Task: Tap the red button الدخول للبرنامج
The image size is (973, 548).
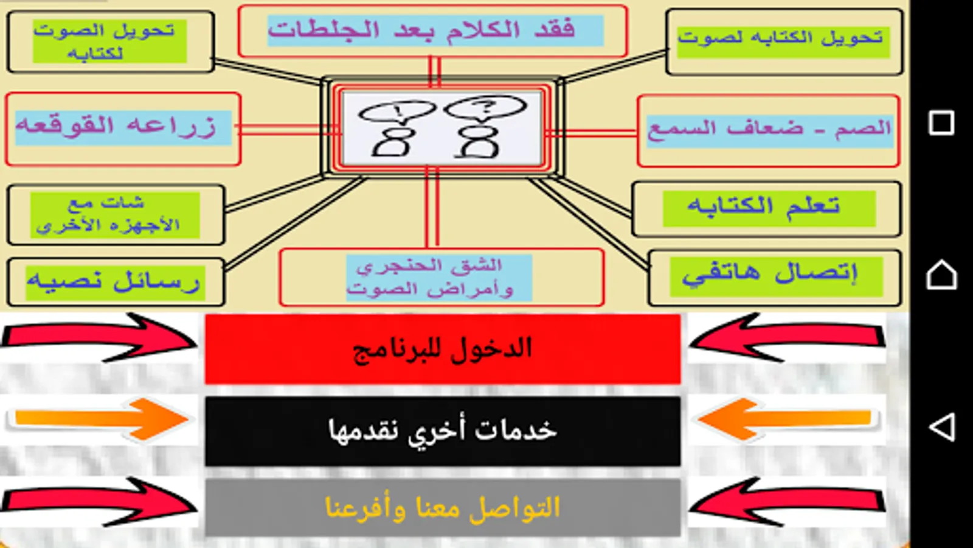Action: tap(442, 349)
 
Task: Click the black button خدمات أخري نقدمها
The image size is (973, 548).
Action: tap(442, 431)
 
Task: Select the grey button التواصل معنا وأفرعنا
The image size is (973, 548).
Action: tap(442, 507)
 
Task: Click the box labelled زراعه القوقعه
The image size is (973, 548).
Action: tap(123, 128)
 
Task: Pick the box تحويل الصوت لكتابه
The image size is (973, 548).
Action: tap(109, 41)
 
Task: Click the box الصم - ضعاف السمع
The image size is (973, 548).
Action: tap(769, 130)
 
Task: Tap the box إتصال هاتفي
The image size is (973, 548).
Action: tap(775, 276)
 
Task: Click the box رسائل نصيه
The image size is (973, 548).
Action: tap(116, 282)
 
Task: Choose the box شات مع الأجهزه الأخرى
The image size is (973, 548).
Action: tap(114, 215)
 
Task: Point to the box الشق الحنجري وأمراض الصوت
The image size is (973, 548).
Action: tap(439, 277)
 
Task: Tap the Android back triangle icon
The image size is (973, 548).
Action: tap(942, 427)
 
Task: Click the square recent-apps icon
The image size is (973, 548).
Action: tap(941, 123)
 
